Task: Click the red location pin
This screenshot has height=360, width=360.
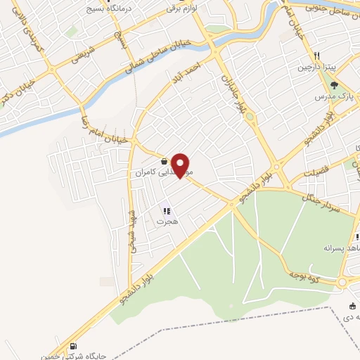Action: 181,165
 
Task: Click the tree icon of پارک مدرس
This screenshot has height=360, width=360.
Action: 333,85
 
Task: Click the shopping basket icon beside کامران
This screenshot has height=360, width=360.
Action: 164,161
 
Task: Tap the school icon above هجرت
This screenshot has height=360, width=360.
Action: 167,210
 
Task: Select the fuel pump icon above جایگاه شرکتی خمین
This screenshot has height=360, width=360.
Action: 74,346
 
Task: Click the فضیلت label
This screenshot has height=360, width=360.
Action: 317,173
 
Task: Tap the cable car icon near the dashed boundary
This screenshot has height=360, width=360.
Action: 352,305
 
